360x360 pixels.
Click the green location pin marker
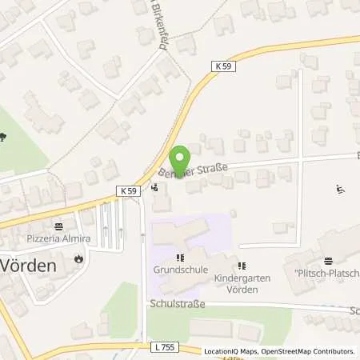pyautogui.click(x=182, y=158)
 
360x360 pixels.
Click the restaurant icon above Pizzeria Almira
pyautogui.click(x=58, y=226)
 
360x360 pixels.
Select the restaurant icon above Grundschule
pyautogui.click(x=180, y=258)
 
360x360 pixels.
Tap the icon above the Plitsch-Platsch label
pyautogui.click(x=327, y=260)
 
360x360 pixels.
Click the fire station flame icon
pyautogui.click(x=78, y=258)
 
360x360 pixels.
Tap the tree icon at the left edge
pyautogui.click(x=2, y=137)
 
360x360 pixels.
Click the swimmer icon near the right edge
pyautogui.click(x=340, y=189)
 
